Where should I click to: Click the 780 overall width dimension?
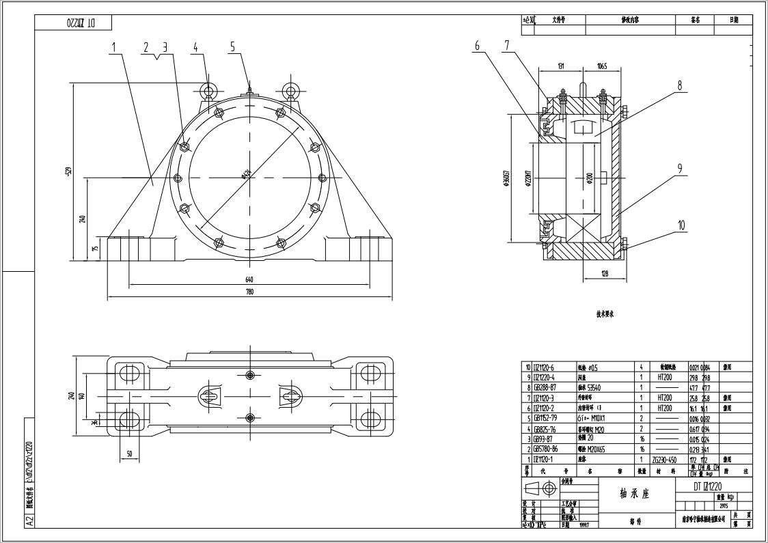point(249,292)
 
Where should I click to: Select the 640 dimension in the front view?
point(249,279)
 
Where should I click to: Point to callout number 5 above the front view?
point(232,46)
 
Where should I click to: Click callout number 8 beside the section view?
point(680,86)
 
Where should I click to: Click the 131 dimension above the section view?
point(560,66)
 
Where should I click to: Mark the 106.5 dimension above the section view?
point(601,66)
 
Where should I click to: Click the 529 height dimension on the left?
point(69,171)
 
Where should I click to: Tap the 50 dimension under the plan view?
point(128,454)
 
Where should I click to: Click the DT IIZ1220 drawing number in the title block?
point(708,486)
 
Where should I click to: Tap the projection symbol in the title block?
point(540,488)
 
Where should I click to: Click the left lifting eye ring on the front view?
point(210,90)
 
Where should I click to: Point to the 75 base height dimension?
point(95,248)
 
